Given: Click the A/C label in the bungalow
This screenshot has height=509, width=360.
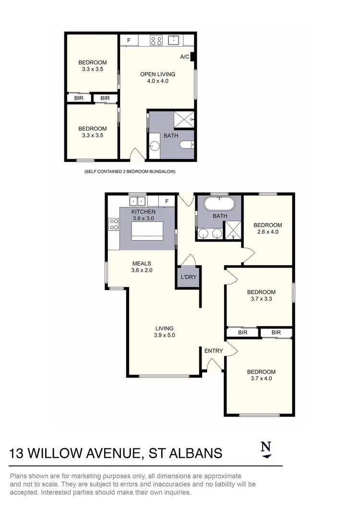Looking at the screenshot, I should pyautogui.click(x=184, y=57).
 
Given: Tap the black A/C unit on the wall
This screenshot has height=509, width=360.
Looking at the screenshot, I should pyautogui.click(x=192, y=57).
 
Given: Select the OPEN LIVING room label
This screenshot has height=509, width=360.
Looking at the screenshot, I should pyautogui.click(x=157, y=77).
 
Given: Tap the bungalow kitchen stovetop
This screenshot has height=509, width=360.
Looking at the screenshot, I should pyautogui.click(x=156, y=40).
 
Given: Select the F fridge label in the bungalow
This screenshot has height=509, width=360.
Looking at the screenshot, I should pyautogui.click(x=129, y=40).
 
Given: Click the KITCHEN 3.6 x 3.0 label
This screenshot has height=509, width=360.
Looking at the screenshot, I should pyautogui.click(x=144, y=215).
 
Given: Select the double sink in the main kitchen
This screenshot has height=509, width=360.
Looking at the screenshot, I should pyautogui.click(x=137, y=201).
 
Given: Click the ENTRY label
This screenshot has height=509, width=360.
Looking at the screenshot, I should pyautogui.click(x=214, y=351).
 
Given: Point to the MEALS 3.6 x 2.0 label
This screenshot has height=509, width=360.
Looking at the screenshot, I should pyautogui.click(x=141, y=267).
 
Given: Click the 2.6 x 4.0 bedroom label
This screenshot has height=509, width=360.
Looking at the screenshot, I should pyautogui.click(x=268, y=228).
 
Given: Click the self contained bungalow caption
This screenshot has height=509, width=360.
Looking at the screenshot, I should pyautogui.click(x=130, y=171).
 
